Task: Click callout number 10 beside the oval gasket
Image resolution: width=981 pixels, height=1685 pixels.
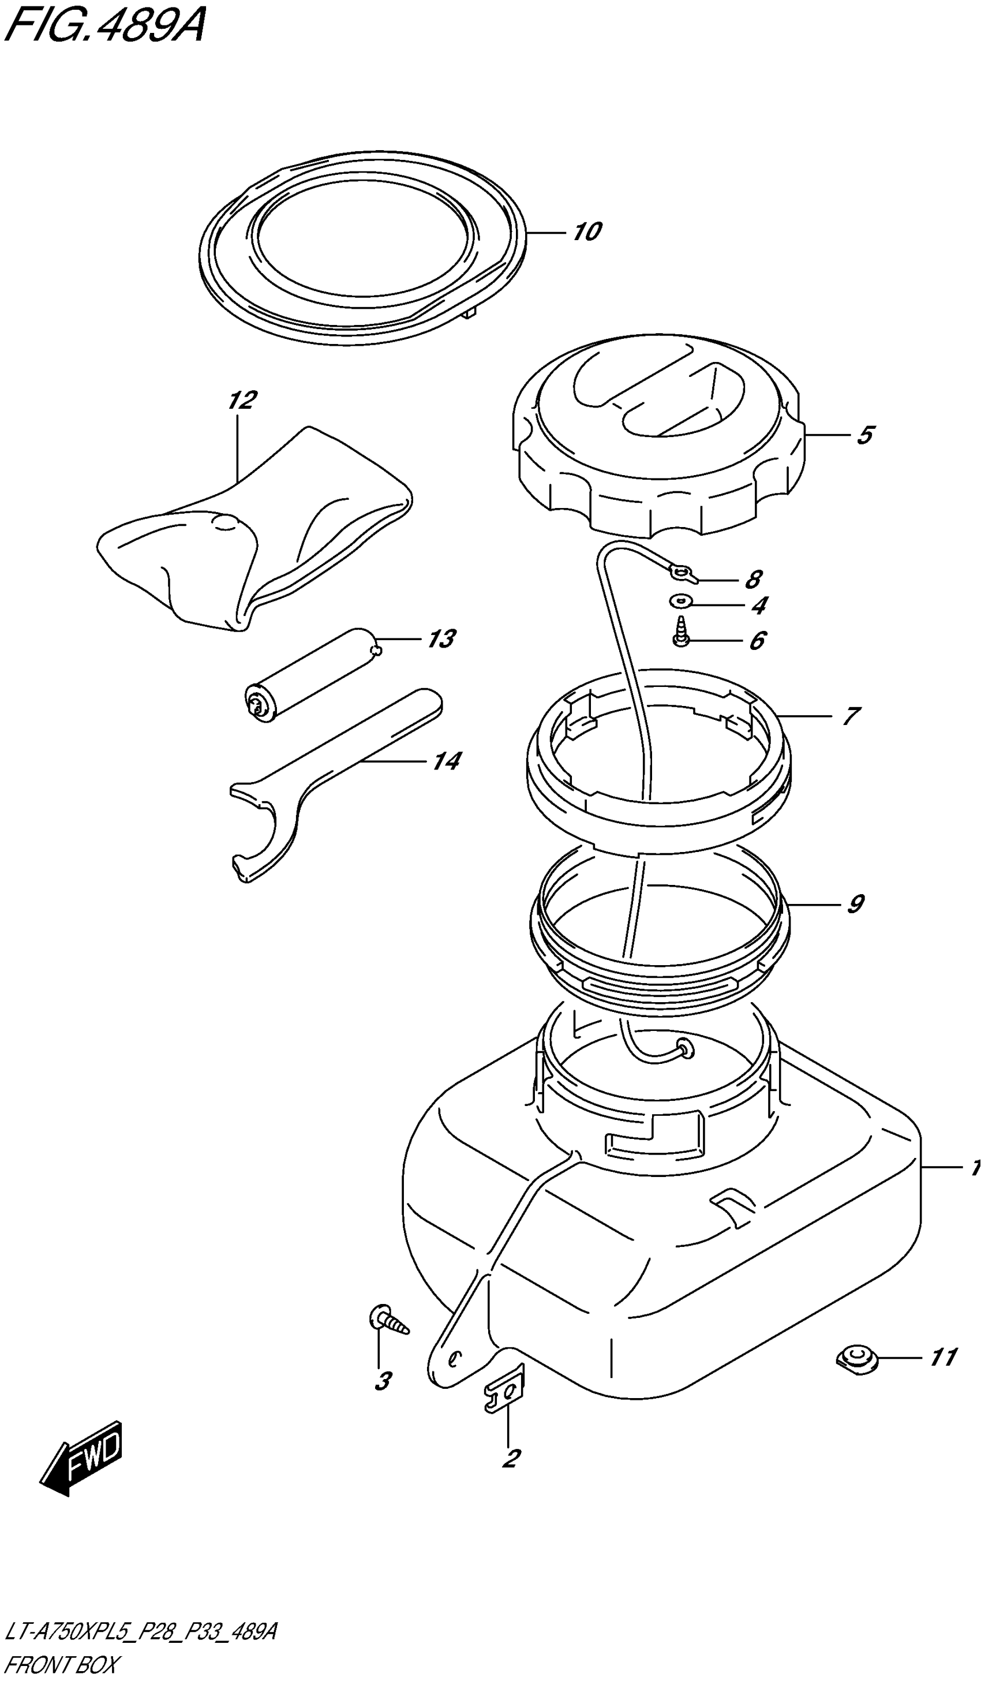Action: [x=587, y=232]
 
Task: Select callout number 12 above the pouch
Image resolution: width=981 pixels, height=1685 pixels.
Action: [x=242, y=401]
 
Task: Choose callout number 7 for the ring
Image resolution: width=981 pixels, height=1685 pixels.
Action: [x=850, y=717]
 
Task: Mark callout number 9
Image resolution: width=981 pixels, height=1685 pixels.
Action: [x=855, y=904]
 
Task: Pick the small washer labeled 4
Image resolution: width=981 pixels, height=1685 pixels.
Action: [x=681, y=601]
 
